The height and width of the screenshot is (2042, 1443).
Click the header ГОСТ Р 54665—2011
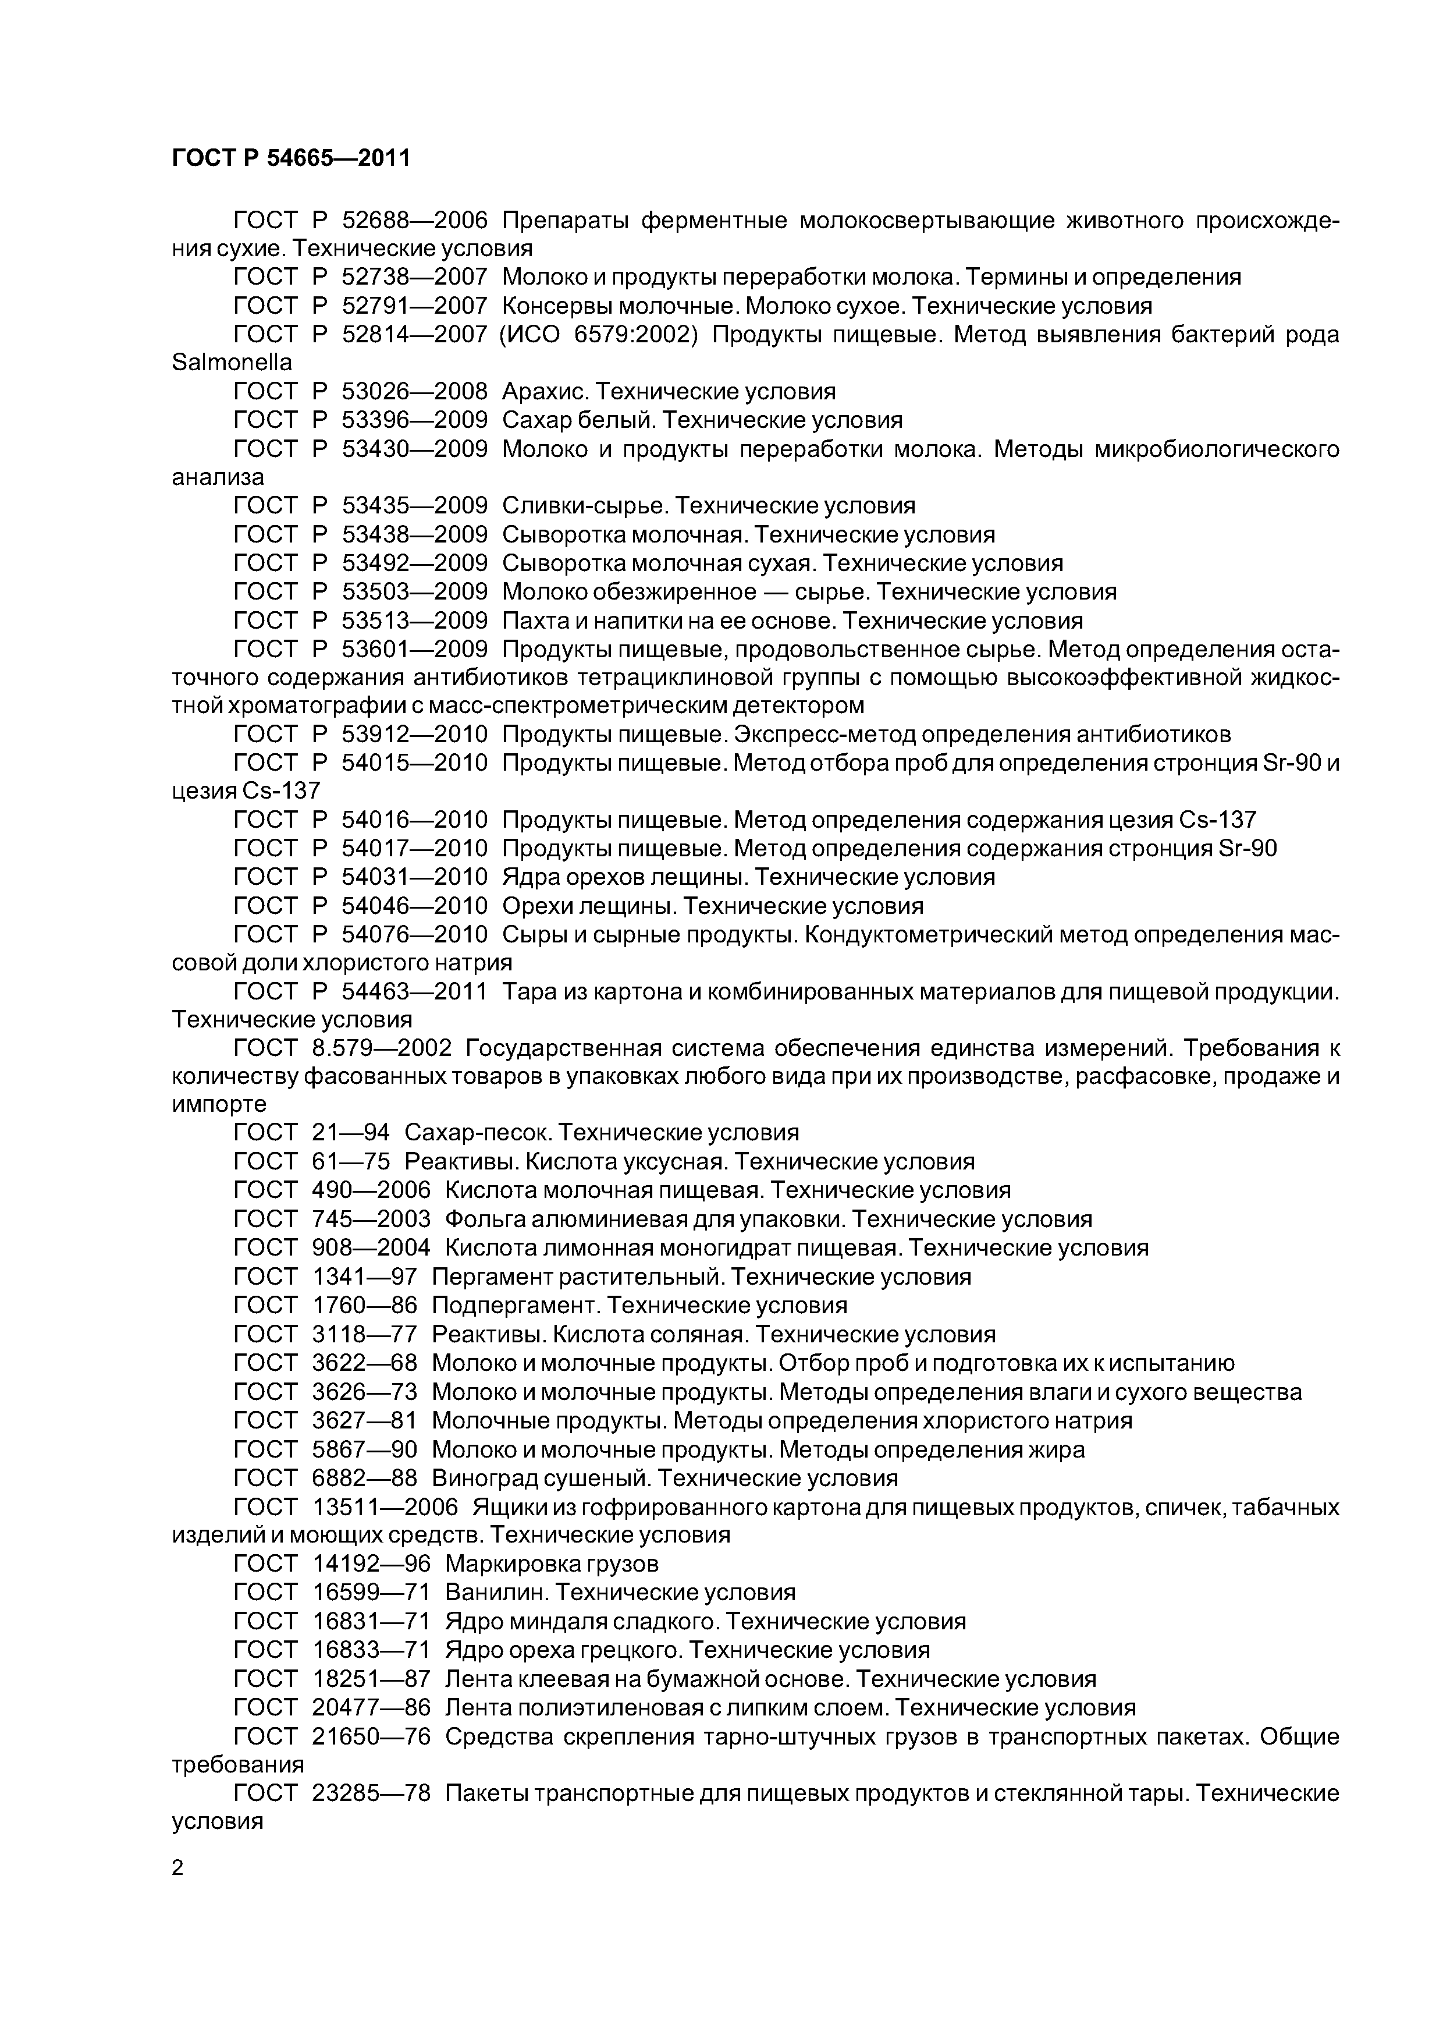point(291,158)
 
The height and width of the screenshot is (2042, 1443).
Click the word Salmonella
point(231,363)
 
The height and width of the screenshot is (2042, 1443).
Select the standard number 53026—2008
point(414,391)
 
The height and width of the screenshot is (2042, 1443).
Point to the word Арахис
point(544,391)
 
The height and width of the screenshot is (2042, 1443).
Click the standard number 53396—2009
point(414,420)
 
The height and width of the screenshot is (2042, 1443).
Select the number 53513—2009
point(414,621)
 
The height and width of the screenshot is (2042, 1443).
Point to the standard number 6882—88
point(364,1478)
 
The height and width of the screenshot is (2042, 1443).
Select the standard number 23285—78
point(371,1794)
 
